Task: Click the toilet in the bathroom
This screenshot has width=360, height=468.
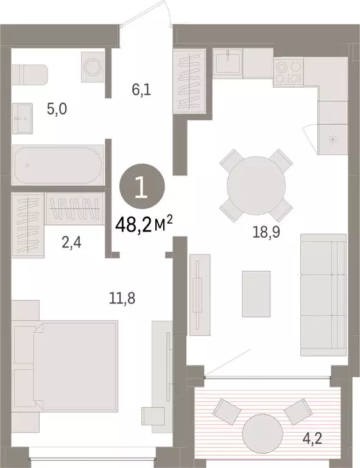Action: pyautogui.click(x=29, y=74)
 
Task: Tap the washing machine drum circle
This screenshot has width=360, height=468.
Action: pyautogui.click(x=93, y=68)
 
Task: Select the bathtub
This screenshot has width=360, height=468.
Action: pyautogui.click(x=58, y=165)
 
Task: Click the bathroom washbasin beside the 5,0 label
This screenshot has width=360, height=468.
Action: pyautogui.click(x=23, y=118)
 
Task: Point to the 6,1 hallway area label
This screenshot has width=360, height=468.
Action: pyautogui.click(x=141, y=89)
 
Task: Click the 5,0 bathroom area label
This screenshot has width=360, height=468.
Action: pyautogui.click(x=57, y=109)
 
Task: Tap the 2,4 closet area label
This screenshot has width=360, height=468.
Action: pyautogui.click(x=72, y=243)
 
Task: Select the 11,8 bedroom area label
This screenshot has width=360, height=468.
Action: pyautogui.click(x=122, y=298)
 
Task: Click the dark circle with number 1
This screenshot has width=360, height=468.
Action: pyautogui.click(x=142, y=186)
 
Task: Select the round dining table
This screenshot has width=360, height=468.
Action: pyautogui.click(x=256, y=186)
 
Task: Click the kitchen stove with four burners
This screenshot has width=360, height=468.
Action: pyautogui.click(x=288, y=72)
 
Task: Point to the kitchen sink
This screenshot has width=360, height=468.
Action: pyautogui.click(x=228, y=63)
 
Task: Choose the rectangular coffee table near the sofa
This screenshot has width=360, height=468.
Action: pyautogui.click(x=256, y=294)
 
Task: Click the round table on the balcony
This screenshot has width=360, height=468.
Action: pyautogui.click(x=262, y=434)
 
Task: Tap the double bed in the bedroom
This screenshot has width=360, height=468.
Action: pyautogui.click(x=65, y=366)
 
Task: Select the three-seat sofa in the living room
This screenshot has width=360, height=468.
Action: pyautogui.click(x=323, y=295)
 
